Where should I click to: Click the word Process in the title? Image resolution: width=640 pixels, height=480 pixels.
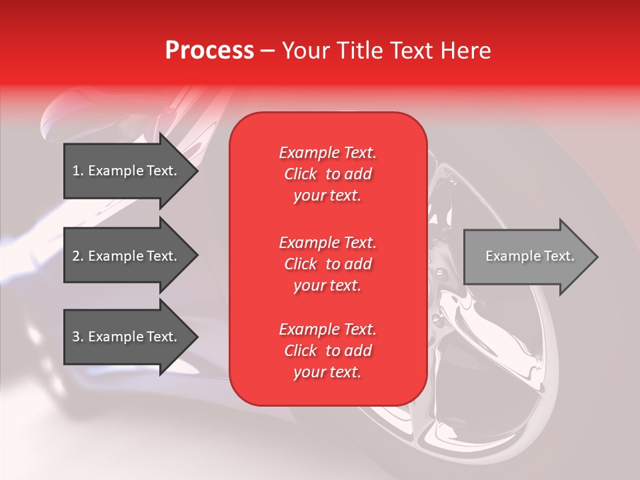click(x=209, y=51)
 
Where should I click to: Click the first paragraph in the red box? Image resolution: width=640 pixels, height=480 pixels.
click(x=327, y=174)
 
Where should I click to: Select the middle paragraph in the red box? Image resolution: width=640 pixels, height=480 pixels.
click(x=327, y=264)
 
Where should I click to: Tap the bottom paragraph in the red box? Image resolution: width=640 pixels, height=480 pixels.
click(x=327, y=351)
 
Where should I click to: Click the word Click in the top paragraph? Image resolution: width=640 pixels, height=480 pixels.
click(x=301, y=174)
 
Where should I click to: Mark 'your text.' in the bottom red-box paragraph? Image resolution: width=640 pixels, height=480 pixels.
click(x=327, y=372)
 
